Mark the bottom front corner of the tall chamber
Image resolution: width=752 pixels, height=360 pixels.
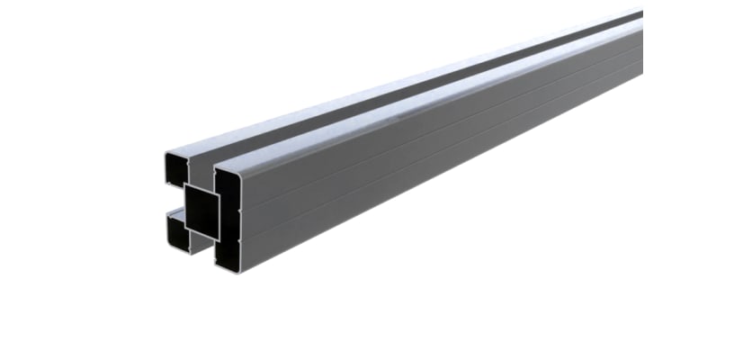[x=218, y=264]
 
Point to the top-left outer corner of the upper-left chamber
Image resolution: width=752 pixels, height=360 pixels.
[x=166, y=154]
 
